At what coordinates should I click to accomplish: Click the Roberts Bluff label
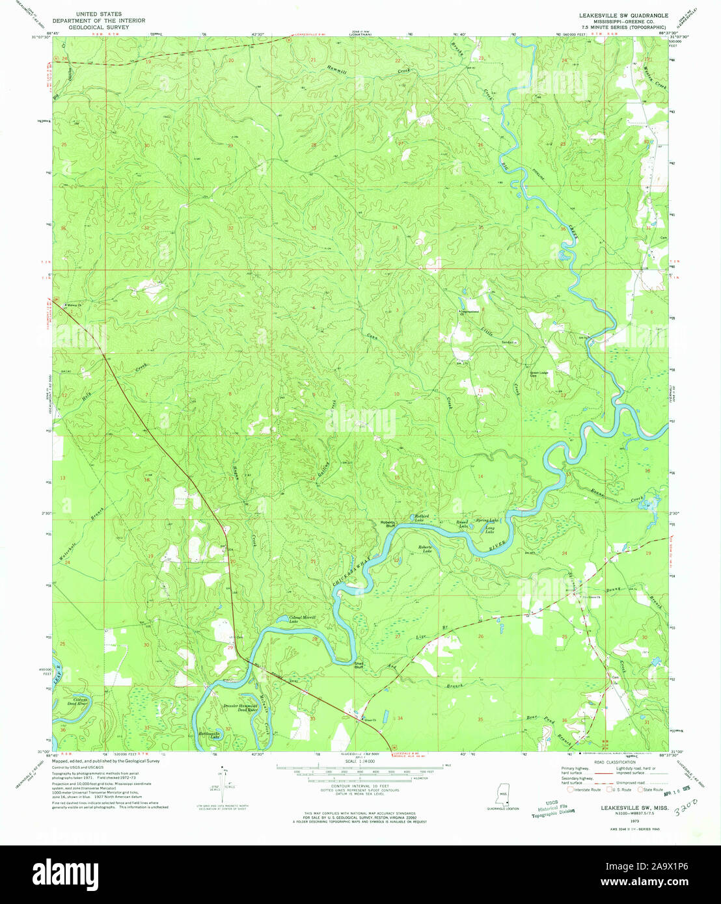388,524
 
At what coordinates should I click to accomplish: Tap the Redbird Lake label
424,518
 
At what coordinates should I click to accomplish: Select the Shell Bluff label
358,664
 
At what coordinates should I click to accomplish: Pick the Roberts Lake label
428,549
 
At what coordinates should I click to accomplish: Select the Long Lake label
488,530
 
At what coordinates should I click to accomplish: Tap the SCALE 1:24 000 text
359,760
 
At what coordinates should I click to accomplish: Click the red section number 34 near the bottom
400,718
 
